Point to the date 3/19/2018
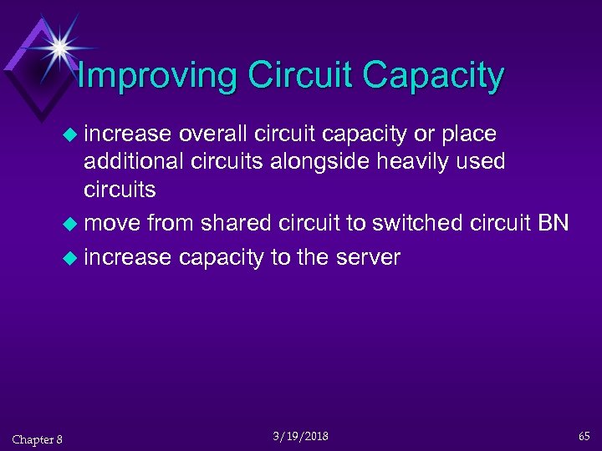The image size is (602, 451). (301, 436)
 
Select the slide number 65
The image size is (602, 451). (584, 436)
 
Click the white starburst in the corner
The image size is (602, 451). (59, 46)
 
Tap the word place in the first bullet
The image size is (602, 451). (470, 134)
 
